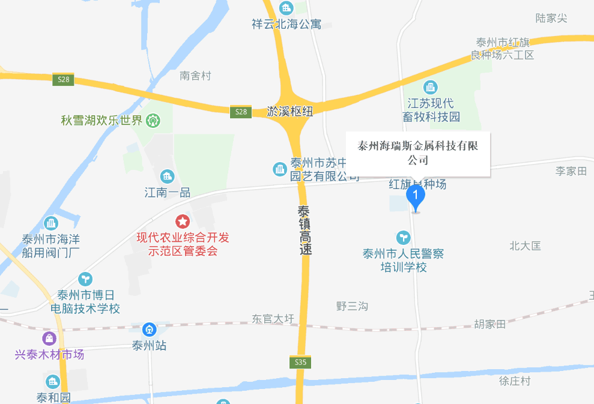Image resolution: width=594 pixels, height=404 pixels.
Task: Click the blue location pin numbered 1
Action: click(416, 196)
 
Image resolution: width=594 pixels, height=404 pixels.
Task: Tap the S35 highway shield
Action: click(301, 362)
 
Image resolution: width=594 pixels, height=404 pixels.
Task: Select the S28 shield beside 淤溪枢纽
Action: click(241, 112)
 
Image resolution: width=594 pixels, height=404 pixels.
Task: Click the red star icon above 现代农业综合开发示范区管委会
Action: click(182, 222)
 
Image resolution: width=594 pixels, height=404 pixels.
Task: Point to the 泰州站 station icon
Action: click(149, 330)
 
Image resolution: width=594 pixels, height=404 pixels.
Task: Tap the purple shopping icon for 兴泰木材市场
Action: click(49, 339)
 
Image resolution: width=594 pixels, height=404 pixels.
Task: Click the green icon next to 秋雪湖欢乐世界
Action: click(155, 121)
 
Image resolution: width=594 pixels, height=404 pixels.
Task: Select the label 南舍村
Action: click(196, 76)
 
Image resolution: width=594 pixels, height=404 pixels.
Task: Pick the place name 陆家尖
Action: click(551, 18)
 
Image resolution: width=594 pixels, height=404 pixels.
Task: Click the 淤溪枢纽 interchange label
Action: click(289, 112)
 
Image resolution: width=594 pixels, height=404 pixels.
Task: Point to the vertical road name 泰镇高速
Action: click(305, 231)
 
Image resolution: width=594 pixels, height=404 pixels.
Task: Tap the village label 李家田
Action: click(571, 171)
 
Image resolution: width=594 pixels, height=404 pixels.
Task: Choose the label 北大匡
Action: click(525, 246)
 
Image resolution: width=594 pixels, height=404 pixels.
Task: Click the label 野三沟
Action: click(352, 306)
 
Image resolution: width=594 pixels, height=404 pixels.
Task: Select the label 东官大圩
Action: click(273, 319)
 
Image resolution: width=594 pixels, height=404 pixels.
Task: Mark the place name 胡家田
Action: click(489, 324)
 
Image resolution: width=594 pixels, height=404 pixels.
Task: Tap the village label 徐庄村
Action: click(515, 381)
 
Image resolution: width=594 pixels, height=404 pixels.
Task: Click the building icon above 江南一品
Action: click(167, 176)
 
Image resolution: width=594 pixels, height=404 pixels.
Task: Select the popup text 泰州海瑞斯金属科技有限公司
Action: click(418, 153)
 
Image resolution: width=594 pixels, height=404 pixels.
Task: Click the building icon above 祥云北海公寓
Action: click(286, 8)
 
